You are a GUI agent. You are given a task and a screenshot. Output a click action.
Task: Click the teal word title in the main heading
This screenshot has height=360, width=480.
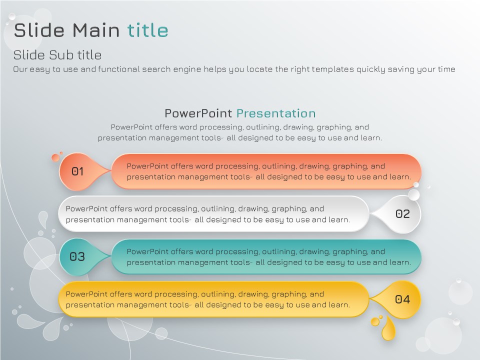point(147,30)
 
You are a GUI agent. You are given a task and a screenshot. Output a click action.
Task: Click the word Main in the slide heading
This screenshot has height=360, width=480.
point(96,30)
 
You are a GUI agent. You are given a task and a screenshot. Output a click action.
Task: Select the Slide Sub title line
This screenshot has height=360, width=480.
point(57,55)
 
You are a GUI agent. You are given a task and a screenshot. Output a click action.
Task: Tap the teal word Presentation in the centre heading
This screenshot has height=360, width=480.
point(276,113)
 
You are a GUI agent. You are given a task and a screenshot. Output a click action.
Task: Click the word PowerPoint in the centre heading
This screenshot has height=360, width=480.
point(198,113)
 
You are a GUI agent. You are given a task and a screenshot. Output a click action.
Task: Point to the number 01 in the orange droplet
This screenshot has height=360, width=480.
point(77,171)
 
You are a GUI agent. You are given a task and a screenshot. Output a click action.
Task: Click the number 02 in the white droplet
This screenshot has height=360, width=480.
point(402,213)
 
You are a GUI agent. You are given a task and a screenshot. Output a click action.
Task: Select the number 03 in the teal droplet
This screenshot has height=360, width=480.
point(77,256)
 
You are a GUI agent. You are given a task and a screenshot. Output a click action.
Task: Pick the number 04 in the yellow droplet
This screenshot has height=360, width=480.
point(402,299)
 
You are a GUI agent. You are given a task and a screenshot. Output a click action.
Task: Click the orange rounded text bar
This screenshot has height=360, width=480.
point(266,171)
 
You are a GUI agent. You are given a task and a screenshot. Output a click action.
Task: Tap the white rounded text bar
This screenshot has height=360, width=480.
point(213,214)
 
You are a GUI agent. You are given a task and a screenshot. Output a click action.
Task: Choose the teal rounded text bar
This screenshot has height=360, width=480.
point(266,257)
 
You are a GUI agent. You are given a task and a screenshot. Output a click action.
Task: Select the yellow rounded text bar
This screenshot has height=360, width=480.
point(213,299)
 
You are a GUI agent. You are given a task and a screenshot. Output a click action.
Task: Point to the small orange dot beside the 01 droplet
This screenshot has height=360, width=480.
point(55,157)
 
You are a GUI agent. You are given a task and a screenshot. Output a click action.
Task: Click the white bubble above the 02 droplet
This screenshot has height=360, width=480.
point(414,194)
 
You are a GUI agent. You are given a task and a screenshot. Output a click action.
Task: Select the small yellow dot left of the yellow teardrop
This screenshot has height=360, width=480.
point(375,321)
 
